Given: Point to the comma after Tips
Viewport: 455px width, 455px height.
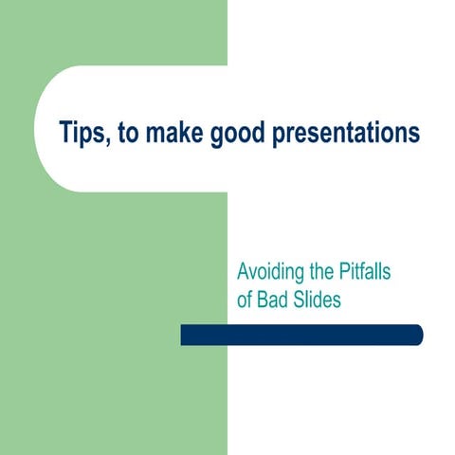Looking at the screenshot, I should click(111, 139).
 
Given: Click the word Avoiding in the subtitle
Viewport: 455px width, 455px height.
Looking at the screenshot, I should click(271, 274).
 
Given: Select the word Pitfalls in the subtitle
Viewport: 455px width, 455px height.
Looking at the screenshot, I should click(367, 274).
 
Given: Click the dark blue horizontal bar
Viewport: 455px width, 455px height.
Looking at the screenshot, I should click(301, 336).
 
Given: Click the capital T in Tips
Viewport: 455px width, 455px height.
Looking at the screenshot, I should click(64, 131).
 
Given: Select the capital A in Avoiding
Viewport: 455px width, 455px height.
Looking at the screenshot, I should click(243, 274).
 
